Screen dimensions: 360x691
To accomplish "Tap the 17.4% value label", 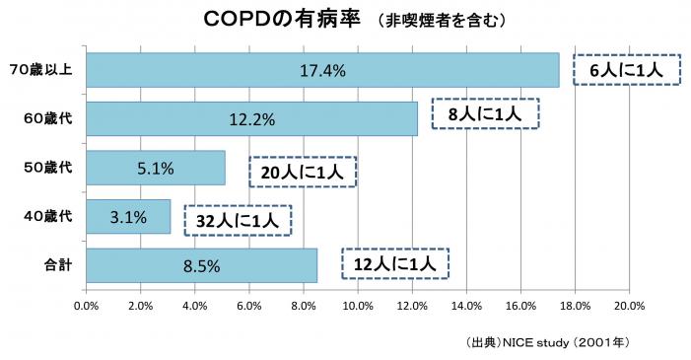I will click(323, 71).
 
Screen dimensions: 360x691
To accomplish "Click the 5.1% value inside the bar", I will click(156, 169).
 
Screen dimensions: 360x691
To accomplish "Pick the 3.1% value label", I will click(129, 217).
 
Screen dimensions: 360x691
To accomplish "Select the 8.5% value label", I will click(201, 265).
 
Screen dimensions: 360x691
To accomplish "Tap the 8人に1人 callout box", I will click(484, 115).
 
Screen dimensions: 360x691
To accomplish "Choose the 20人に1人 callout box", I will click(302, 173).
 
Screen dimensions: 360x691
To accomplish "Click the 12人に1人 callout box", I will click(395, 263).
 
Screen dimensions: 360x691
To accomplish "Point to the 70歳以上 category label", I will click(39, 71).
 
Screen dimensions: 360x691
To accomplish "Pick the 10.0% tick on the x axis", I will click(358, 305).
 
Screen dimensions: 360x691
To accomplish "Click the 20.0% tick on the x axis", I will click(629, 305).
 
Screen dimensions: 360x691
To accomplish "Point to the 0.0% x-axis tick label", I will click(87, 305).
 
